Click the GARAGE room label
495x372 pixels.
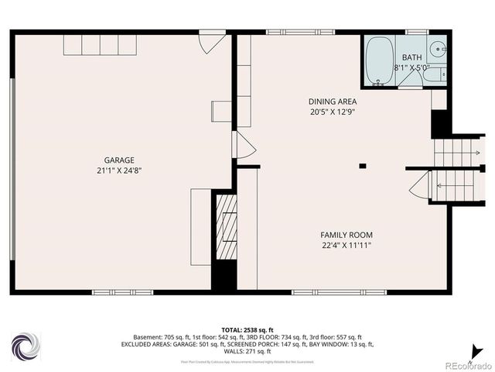119,160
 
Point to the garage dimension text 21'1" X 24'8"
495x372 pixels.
119,170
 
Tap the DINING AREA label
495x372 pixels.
332,102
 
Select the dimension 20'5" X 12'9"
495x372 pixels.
332,112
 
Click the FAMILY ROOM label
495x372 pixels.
346,235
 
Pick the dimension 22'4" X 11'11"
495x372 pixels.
346,246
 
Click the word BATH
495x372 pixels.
411,57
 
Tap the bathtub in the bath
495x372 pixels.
378,60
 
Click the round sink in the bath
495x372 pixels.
438,49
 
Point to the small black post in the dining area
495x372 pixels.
362,165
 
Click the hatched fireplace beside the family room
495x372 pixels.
226,226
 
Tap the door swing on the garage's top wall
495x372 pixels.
210,42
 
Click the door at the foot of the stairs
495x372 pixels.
420,186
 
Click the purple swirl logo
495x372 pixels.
26,345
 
